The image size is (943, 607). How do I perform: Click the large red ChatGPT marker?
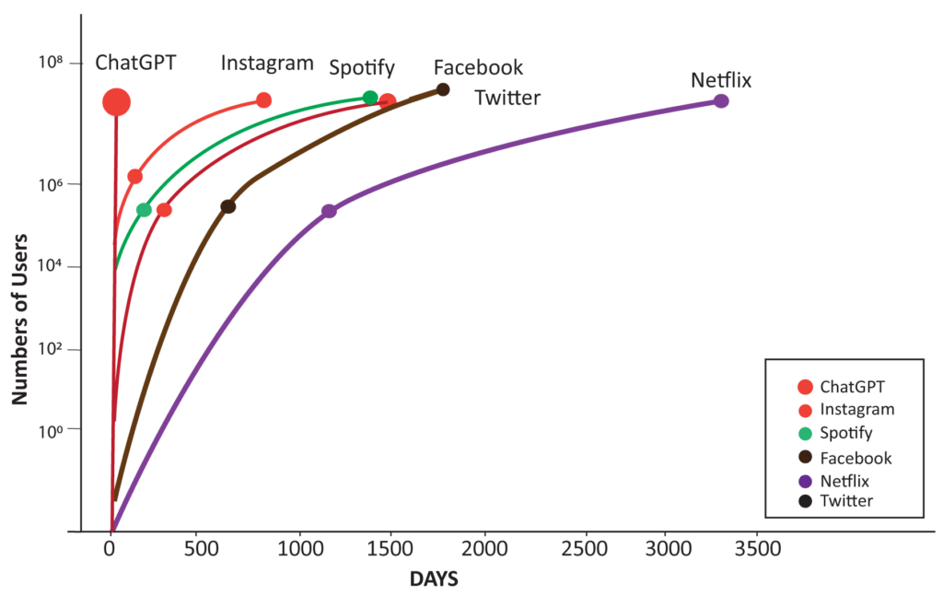pyautogui.click(x=116, y=102)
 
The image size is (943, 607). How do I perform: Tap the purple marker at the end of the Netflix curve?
pyautogui.click(x=722, y=100)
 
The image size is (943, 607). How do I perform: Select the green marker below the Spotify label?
pyautogui.click(x=369, y=98)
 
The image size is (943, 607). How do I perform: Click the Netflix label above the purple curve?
pyautogui.click(x=721, y=81)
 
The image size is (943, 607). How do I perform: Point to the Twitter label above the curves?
pyautogui.click(x=507, y=99)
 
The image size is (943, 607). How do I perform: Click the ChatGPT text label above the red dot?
pyautogui.click(x=135, y=64)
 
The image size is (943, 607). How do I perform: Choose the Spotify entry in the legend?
pyautogui.click(x=845, y=433)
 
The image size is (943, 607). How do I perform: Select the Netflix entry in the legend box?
pyautogui.click(x=844, y=481)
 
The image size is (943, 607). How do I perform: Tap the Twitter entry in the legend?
pyautogui.click(x=845, y=501)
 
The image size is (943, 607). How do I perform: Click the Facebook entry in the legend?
pyautogui.click(x=855, y=458)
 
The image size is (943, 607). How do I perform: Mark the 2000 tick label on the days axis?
pyautogui.click(x=484, y=550)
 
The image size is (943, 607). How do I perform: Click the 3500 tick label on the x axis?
pyautogui.click(x=758, y=550)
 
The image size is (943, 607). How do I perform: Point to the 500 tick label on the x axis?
pyautogui.click(x=196, y=550)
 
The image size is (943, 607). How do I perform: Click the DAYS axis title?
pyautogui.click(x=434, y=580)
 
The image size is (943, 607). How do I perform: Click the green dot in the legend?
pyautogui.click(x=805, y=433)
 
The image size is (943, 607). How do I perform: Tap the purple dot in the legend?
pyautogui.click(x=805, y=481)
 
